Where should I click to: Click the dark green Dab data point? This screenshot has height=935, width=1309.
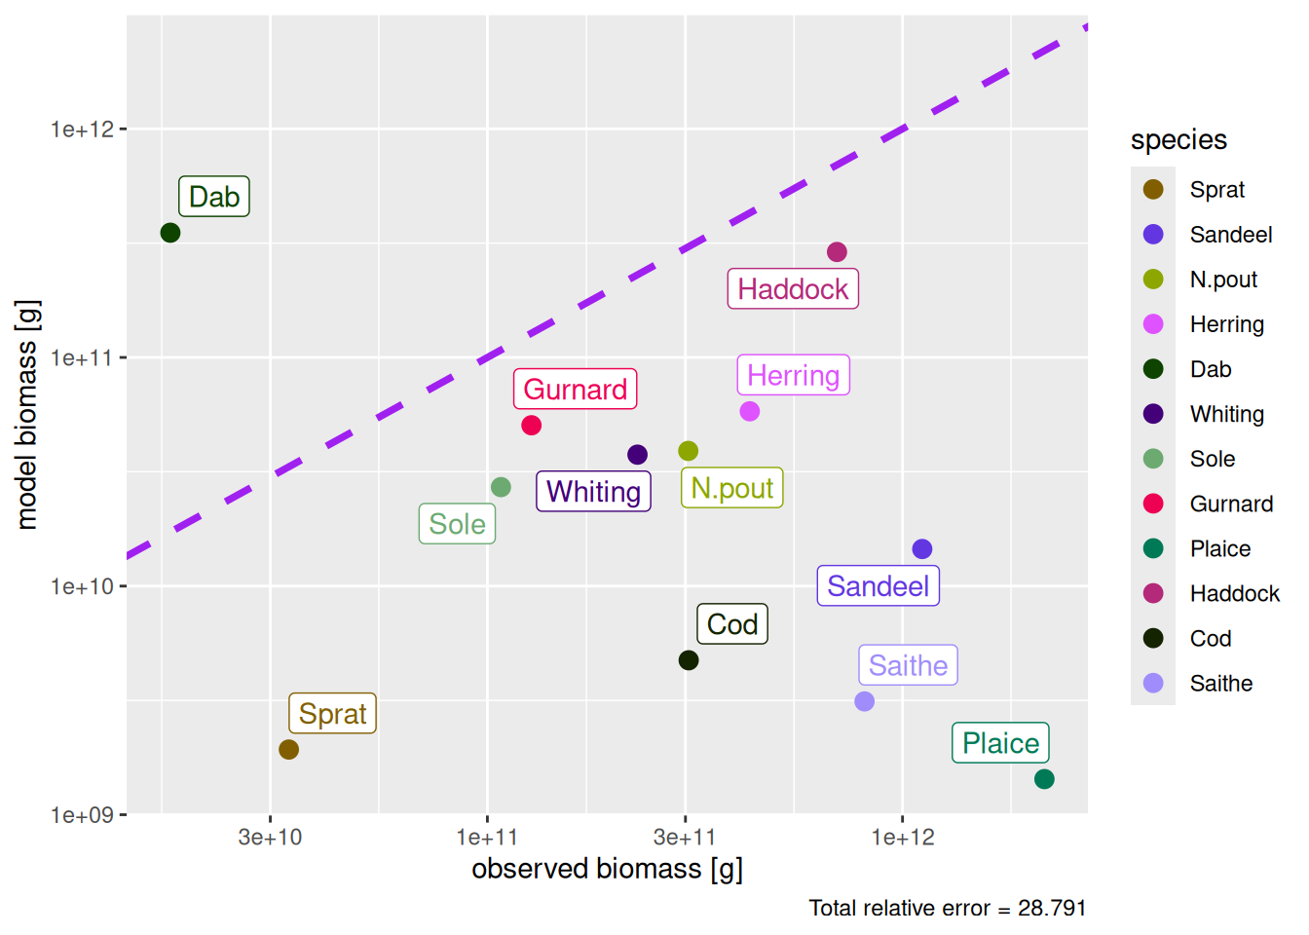point(170,233)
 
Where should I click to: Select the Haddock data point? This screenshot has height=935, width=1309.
point(837,252)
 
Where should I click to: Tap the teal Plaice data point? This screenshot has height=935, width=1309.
point(1044,779)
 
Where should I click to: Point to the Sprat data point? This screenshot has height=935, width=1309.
point(288,750)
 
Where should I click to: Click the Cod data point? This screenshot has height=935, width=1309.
point(689,660)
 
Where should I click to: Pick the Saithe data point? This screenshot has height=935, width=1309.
point(864,701)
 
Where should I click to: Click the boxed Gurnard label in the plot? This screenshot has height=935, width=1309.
point(575,390)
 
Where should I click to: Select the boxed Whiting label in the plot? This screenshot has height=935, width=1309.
point(593,492)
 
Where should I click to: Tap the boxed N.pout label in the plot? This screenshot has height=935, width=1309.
point(731,488)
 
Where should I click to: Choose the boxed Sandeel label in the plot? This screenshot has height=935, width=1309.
point(878,586)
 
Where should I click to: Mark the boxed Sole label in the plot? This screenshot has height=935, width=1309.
point(457,524)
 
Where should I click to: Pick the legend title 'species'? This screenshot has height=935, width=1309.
point(1178,140)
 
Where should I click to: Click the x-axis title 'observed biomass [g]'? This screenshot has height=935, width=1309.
point(607,869)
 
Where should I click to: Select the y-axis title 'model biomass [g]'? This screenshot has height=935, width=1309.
point(27,414)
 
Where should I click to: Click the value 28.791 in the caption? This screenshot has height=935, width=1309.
point(1052,909)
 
